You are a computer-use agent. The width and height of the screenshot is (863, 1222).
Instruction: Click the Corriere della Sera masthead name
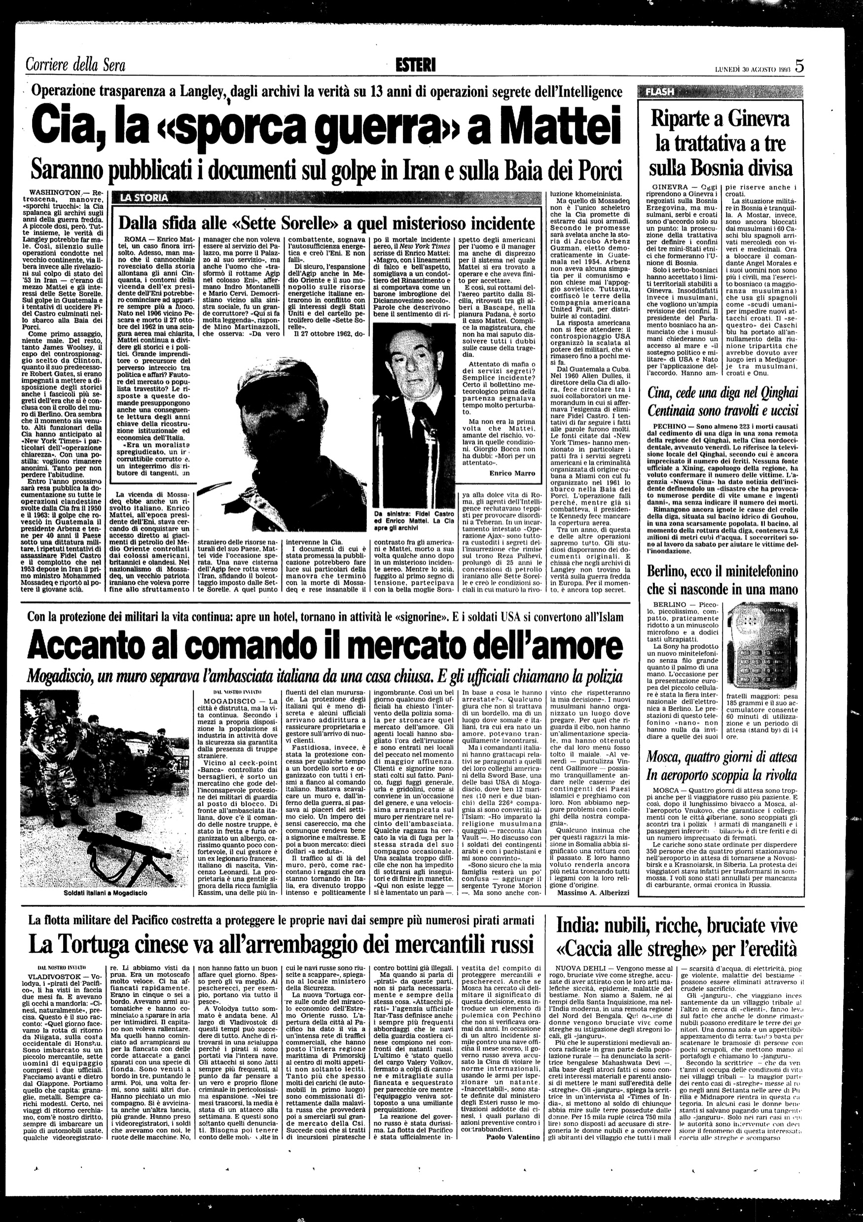(x=75, y=66)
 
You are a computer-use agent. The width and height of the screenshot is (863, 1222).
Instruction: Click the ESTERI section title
(x=416, y=65)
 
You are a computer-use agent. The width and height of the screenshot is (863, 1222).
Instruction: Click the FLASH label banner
(x=660, y=92)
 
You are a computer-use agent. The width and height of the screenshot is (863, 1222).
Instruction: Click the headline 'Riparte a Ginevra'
(x=721, y=120)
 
